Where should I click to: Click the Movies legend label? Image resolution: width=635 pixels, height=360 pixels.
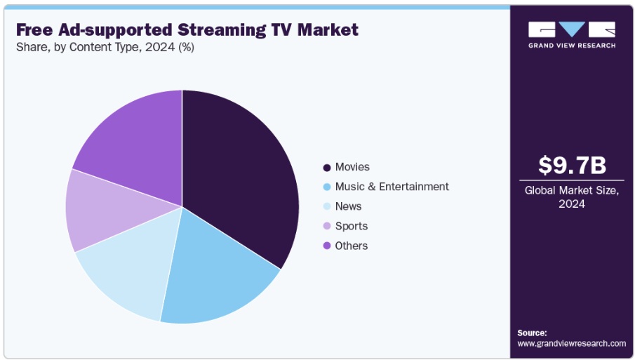coord(352,167)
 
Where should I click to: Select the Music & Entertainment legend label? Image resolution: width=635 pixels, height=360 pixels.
coord(392,187)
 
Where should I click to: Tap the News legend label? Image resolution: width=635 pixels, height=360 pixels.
coord(348,206)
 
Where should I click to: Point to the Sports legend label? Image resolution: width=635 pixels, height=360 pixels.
coord(351,226)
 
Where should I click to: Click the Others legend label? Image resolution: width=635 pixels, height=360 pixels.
coord(351,246)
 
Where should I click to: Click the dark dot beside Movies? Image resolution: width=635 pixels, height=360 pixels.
coord(327,168)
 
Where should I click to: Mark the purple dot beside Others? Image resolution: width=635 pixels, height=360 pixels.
coord(327,246)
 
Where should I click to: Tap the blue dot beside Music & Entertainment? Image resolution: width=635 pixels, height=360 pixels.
coord(327,187)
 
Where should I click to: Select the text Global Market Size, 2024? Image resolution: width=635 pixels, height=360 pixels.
coord(572,197)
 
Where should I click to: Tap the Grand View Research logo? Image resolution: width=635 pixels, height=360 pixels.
coord(572,34)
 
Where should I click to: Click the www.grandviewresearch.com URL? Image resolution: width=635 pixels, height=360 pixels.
coord(571,343)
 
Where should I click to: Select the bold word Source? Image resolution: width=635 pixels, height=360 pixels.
coord(532,333)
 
